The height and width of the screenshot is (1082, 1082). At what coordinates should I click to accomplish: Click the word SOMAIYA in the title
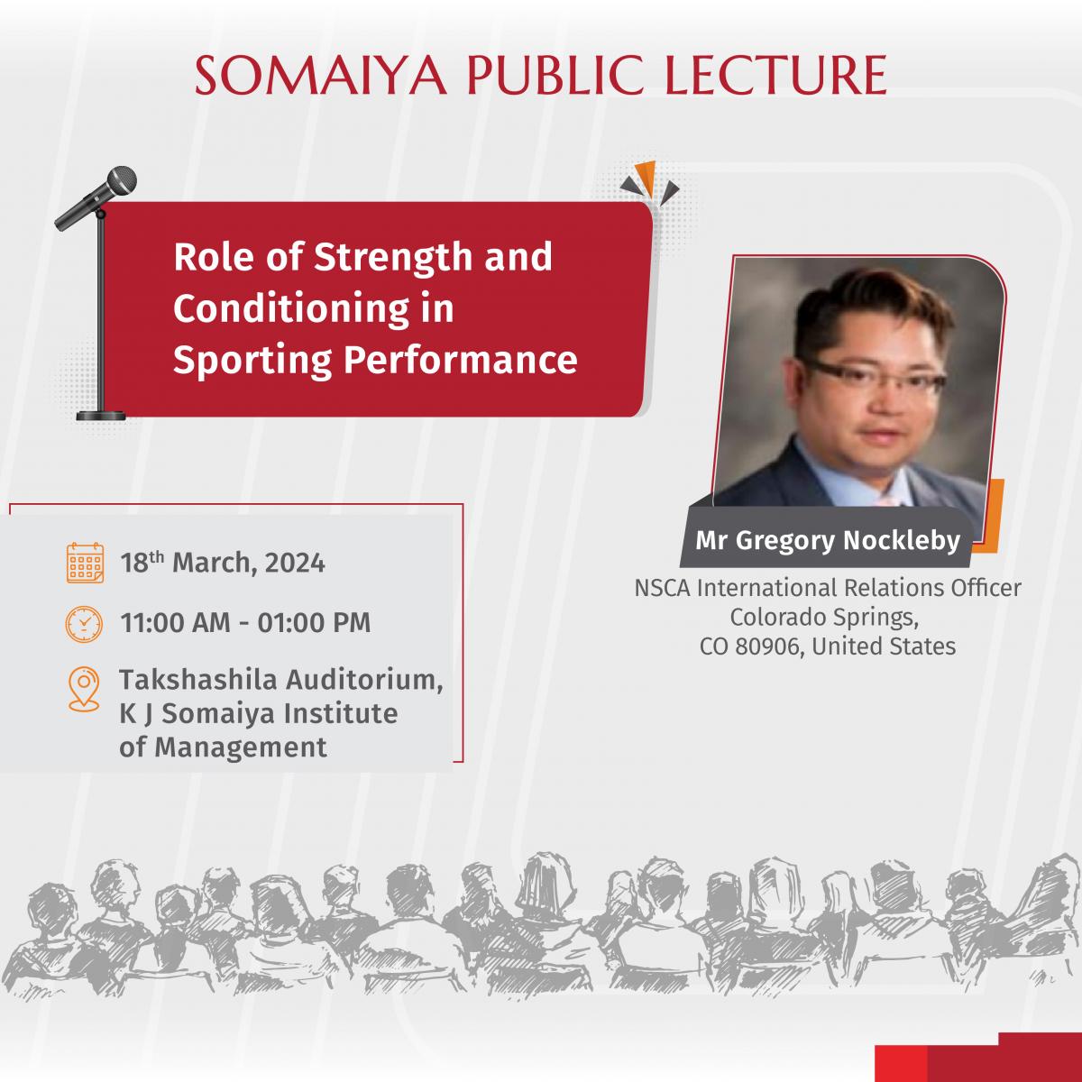321,75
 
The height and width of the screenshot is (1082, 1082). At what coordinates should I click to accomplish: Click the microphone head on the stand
122,181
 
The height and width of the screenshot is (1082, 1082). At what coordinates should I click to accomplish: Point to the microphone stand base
101,416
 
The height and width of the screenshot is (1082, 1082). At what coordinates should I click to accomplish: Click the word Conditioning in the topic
291,310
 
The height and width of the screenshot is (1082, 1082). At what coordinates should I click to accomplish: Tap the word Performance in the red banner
461,359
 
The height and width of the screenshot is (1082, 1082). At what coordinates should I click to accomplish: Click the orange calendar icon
85,563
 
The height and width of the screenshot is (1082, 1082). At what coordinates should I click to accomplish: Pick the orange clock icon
84,624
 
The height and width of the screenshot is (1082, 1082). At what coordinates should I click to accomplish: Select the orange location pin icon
84,689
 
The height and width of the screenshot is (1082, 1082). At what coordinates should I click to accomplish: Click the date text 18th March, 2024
223,563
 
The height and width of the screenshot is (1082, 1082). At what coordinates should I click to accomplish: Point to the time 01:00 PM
314,623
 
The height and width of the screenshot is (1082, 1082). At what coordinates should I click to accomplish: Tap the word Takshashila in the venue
198,680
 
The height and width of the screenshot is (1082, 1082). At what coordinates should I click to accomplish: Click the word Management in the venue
241,747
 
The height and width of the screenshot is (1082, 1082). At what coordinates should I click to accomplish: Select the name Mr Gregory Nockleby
828,540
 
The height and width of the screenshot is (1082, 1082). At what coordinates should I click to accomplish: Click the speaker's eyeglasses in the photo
873,377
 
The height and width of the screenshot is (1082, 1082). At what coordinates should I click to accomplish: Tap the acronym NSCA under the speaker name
663,589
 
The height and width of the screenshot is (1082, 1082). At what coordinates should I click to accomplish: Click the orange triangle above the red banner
646,178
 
